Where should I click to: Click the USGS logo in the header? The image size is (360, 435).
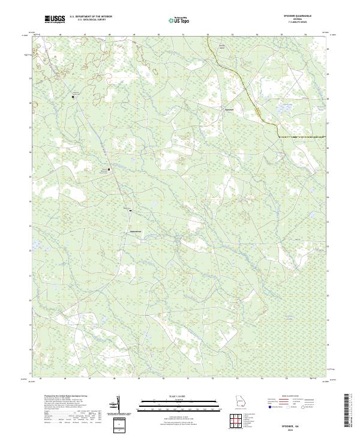(x=55, y=19)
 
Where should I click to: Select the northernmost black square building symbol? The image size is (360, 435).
(x=74, y=96)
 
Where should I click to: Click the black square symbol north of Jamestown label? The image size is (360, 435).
(x=130, y=211)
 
